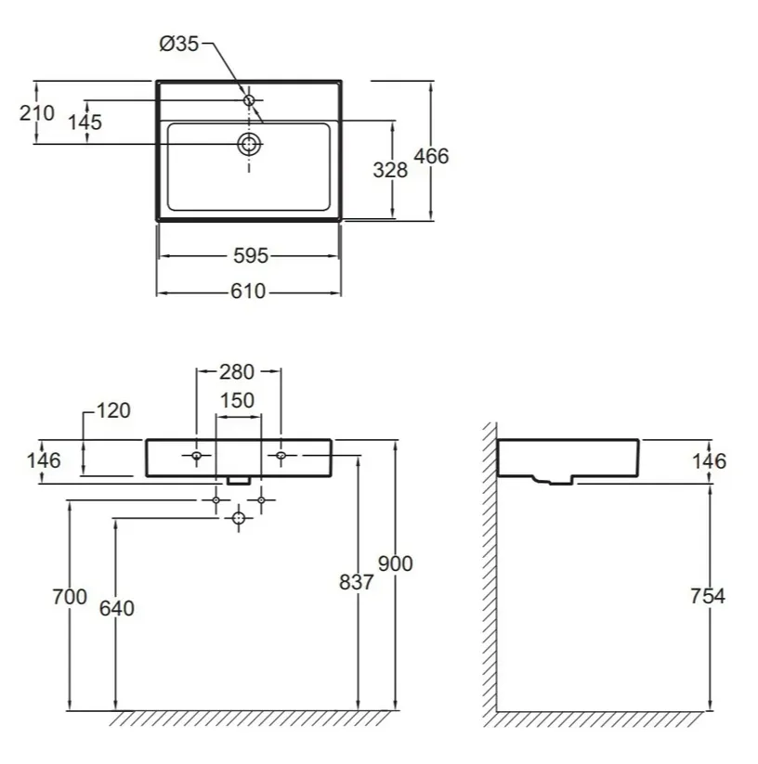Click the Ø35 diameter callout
pyautogui.click(x=179, y=44)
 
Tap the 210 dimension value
pyautogui.click(x=37, y=113)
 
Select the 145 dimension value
pyautogui.click(x=85, y=123)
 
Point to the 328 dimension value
pyautogui.click(x=390, y=170)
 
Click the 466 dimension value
pyautogui.click(x=431, y=156)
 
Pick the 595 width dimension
pyautogui.click(x=251, y=256)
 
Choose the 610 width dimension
pyautogui.click(x=248, y=291)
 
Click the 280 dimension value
pyautogui.click(x=237, y=372)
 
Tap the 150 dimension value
pyautogui.click(x=238, y=400)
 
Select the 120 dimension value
pyautogui.click(x=113, y=410)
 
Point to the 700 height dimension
pyautogui.click(x=70, y=597)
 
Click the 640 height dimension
pyautogui.click(x=117, y=609)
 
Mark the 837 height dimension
pyautogui.click(x=357, y=582)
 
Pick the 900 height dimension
pyautogui.click(x=396, y=563)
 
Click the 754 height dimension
pyautogui.click(x=708, y=596)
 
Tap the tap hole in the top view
pyautogui.click(x=249, y=100)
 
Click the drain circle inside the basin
pyautogui.click(x=249, y=144)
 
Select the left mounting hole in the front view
pyautogui.click(x=196, y=456)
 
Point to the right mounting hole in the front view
pyautogui.click(x=281, y=456)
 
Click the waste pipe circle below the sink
pyautogui.click(x=239, y=518)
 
